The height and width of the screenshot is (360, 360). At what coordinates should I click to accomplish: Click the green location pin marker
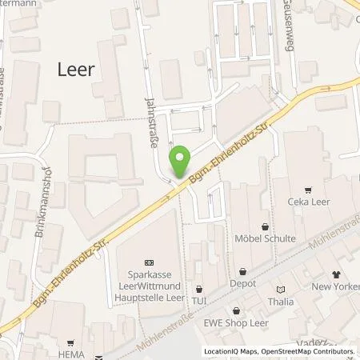pyautogui.click(x=181, y=162)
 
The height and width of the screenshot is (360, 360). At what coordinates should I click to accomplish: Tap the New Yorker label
pyautogui.click(x=333, y=286)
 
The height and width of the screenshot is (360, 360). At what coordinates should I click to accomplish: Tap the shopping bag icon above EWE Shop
pyautogui.click(x=237, y=310)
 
